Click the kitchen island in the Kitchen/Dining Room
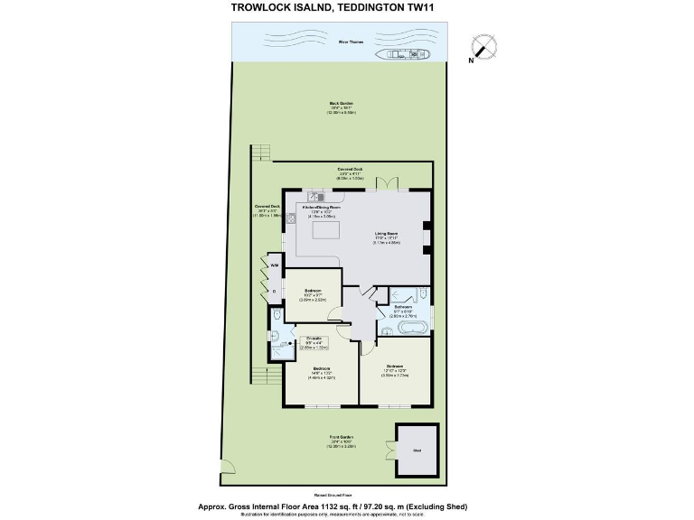tap(324, 232)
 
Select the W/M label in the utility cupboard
tap(274, 265)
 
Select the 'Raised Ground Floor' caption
tap(347, 496)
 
